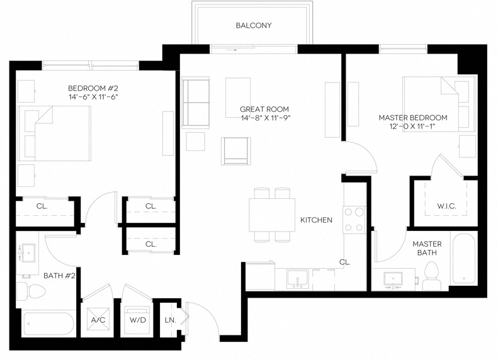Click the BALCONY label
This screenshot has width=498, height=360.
[x=254, y=26]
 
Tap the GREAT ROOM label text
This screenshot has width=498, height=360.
[x=264, y=110]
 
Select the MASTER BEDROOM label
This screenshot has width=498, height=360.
[x=412, y=118]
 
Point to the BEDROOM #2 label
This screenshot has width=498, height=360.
[x=93, y=88]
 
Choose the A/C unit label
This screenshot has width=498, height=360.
[x=98, y=320]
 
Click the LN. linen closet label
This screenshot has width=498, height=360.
[x=170, y=319]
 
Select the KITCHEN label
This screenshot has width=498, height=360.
[x=315, y=220]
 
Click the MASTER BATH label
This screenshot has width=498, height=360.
[x=427, y=247]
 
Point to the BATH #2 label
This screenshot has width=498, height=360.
[x=59, y=276]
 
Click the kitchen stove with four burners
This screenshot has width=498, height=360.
[x=354, y=220]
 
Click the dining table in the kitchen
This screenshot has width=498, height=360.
[x=273, y=215]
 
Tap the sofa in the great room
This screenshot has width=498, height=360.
[x=195, y=103]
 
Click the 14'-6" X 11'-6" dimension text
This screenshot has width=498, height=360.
[x=93, y=97]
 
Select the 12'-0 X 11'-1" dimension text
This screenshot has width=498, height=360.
[x=412, y=127]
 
